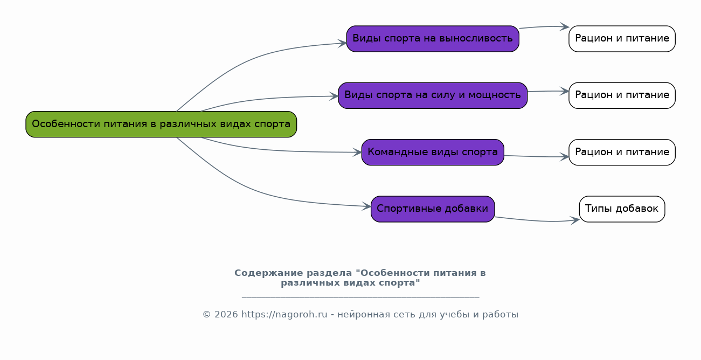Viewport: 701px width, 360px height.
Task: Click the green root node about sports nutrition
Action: (x=161, y=124)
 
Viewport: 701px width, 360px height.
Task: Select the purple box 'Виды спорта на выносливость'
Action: (x=433, y=39)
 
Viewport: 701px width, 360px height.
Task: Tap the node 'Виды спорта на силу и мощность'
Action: (x=433, y=95)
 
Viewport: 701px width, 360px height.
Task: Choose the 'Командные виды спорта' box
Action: (x=433, y=153)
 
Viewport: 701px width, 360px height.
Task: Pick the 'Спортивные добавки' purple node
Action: (x=433, y=209)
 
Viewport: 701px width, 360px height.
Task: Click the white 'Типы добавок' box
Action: (x=622, y=209)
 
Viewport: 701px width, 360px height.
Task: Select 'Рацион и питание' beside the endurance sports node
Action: (x=622, y=39)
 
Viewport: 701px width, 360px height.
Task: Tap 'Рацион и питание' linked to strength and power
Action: (x=622, y=95)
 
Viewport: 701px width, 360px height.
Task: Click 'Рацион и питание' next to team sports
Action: (x=622, y=153)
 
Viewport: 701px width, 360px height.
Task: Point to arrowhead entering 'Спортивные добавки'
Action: (x=367, y=206)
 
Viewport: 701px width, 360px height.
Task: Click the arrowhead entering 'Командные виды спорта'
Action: (x=357, y=153)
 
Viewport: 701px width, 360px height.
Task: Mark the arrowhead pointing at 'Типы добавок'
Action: (x=575, y=220)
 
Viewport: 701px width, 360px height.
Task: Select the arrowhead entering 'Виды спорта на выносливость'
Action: (x=342, y=43)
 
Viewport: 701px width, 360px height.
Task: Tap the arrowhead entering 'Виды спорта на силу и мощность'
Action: (x=334, y=96)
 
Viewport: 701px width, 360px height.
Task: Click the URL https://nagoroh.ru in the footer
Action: (x=284, y=314)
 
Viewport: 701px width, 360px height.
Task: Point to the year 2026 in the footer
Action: (x=226, y=314)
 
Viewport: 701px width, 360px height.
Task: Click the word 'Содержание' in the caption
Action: (x=269, y=273)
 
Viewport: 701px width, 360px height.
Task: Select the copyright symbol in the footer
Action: (x=206, y=314)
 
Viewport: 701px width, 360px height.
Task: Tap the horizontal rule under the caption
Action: (x=360, y=297)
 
